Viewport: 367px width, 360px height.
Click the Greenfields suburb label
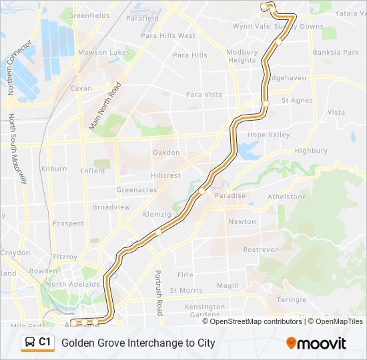click(89, 15)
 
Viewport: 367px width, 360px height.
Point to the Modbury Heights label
click(242, 56)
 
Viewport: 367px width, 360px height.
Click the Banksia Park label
click(336, 53)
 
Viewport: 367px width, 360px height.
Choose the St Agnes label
click(296, 101)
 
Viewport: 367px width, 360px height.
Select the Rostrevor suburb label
click(260, 249)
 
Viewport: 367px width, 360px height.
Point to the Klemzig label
click(157, 215)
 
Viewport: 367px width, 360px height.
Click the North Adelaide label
click(73, 284)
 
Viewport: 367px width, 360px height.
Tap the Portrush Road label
click(159, 293)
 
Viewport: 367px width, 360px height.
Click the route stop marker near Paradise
click(202, 191)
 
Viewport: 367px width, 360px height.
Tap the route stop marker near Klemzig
click(159, 233)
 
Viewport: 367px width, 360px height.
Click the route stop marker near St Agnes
click(266, 104)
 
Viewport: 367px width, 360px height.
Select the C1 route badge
click(37, 343)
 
